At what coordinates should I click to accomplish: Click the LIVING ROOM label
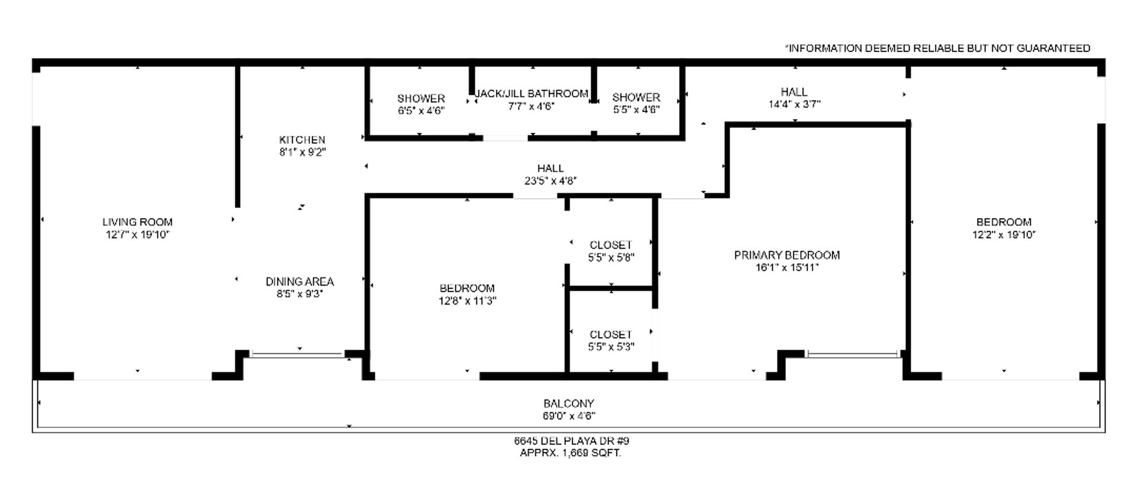[137, 222]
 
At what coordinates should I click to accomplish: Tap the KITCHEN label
[302, 140]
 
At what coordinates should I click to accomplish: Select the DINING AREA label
[300, 281]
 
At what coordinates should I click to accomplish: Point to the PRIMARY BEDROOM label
[787, 255]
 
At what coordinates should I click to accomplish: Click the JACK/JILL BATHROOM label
[532, 94]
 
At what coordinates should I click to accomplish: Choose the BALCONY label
[568, 403]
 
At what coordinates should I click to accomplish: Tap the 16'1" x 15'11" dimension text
[787, 268]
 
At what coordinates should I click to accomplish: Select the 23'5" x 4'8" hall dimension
[551, 181]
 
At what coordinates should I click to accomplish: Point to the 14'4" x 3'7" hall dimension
[794, 104]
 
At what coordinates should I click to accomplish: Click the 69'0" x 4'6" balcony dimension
[569, 416]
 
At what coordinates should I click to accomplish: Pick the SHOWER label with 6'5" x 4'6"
[421, 98]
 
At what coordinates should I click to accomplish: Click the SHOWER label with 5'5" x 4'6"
[636, 97]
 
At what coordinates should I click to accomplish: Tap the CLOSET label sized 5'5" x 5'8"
[611, 245]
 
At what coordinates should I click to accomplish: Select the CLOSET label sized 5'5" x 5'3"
[611, 335]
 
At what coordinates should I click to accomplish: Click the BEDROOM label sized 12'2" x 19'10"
[1004, 222]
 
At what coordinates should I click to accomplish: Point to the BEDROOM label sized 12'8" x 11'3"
[467, 288]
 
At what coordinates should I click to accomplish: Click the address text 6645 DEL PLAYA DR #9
[571, 441]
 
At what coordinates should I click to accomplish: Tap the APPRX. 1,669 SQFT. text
[570, 453]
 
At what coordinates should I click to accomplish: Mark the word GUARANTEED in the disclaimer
[1054, 49]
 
